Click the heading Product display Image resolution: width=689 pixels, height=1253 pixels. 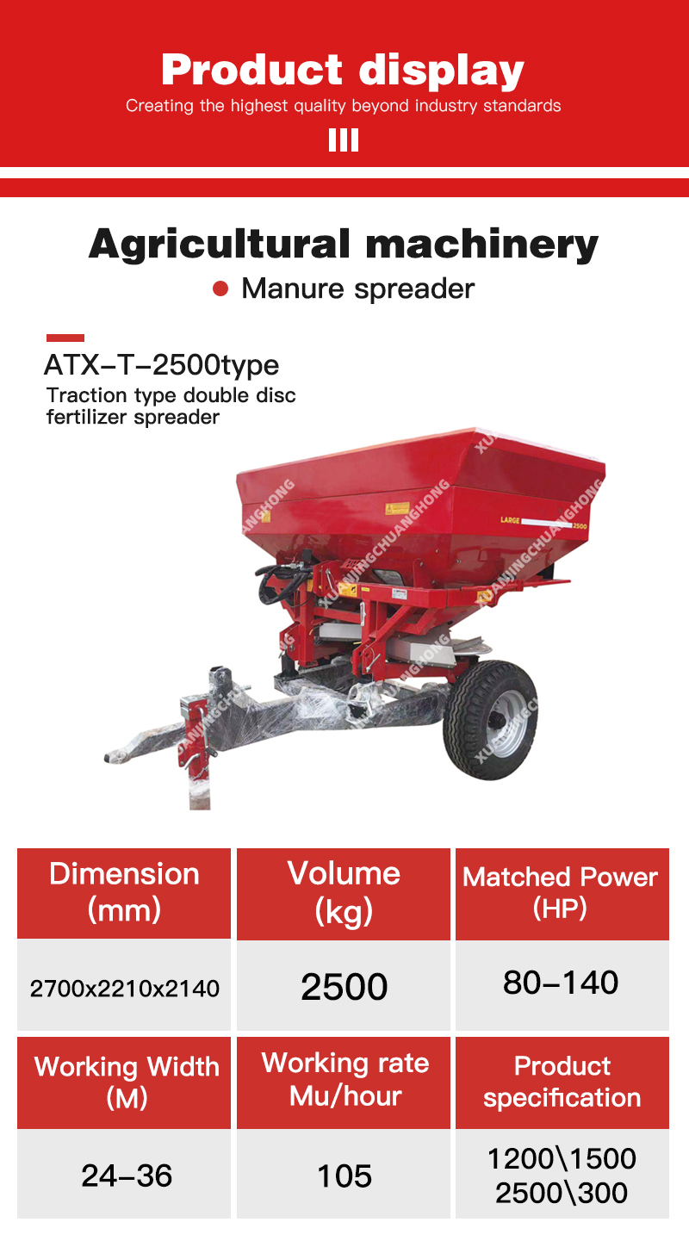tap(343, 70)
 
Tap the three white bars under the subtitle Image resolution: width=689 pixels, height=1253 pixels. tap(344, 140)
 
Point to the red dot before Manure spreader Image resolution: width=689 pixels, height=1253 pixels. tap(220, 288)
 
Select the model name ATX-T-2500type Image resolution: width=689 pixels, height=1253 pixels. tap(162, 365)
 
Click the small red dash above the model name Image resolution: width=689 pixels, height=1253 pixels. tap(65, 338)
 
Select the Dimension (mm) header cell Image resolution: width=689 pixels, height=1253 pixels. tap(124, 892)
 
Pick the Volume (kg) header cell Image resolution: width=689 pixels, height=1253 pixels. tap(344, 892)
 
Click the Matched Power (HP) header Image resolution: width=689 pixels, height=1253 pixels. tap(561, 892)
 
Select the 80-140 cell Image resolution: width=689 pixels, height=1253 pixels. tap(561, 983)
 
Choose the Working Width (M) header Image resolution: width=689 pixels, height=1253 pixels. tap(126, 1082)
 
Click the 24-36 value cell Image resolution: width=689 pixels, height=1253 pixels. tap(126, 1175)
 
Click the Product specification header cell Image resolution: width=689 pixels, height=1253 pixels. tap(562, 1082)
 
